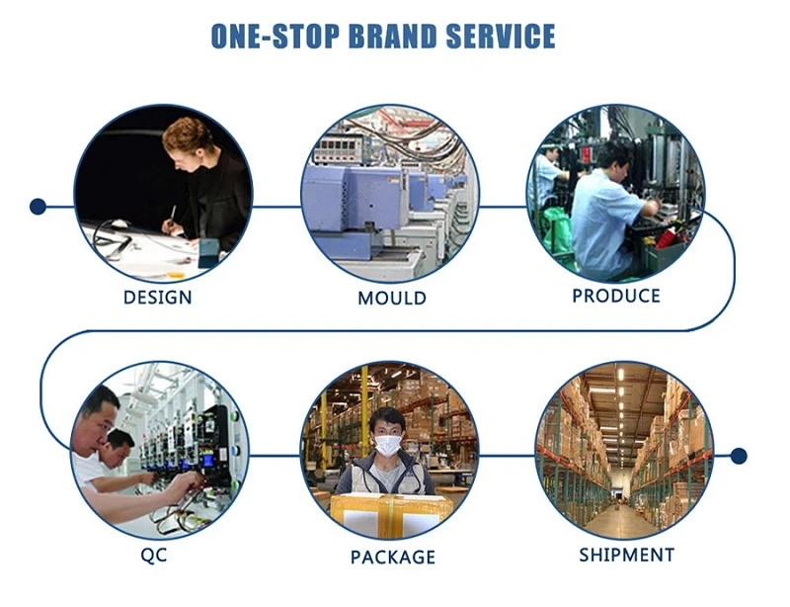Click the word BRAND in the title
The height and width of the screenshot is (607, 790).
pyautogui.click(x=391, y=36)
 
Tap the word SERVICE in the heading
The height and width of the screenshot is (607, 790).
pyautogui.click(x=501, y=36)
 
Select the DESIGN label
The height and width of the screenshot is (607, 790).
pyautogui.click(x=158, y=298)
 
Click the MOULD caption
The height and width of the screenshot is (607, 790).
pyautogui.click(x=392, y=298)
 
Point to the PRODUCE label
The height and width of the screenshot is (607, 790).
pyautogui.click(x=616, y=296)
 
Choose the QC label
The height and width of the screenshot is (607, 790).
pyautogui.click(x=154, y=556)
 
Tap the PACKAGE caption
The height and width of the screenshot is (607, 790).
pyautogui.click(x=393, y=557)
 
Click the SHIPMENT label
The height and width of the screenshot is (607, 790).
pyautogui.click(x=627, y=555)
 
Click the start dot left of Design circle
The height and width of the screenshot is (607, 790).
pyautogui.click(x=38, y=207)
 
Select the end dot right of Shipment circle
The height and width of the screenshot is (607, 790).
pyautogui.click(x=739, y=456)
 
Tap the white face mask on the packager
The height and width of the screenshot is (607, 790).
pyautogui.click(x=388, y=445)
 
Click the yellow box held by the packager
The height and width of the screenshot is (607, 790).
pyautogui.click(x=390, y=515)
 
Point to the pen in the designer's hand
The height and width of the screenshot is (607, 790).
pyautogui.click(x=172, y=217)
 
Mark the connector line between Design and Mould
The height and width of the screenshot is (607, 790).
pyautogui.click(x=276, y=207)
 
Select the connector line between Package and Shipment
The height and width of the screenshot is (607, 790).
pyautogui.click(x=507, y=456)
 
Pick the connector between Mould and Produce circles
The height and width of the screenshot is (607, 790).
pyautogui.click(x=503, y=207)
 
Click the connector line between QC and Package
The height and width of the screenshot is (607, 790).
pyautogui.click(x=276, y=456)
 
